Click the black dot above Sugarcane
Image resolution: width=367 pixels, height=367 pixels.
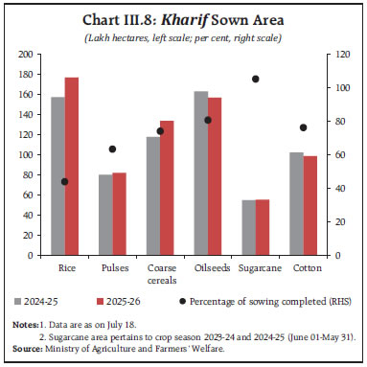[x=255, y=79]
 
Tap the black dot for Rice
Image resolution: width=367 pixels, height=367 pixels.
[x=64, y=181]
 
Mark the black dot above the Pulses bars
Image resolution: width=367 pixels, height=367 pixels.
[x=112, y=149]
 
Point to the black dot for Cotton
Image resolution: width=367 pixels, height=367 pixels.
[x=303, y=127]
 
